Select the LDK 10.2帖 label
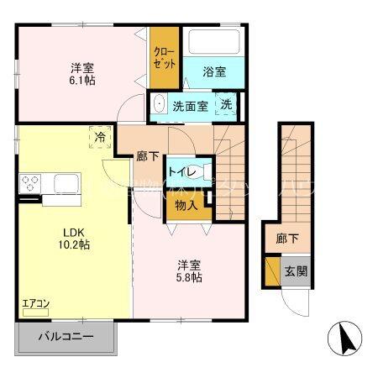pyautogui.click(x=74, y=239)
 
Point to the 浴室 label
pyautogui.click(x=213, y=72)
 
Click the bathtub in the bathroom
pyautogui.click(x=213, y=42)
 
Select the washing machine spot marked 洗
pyautogui.click(x=226, y=105)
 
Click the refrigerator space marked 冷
pyautogui.click(x=101, y=136)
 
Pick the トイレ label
pyautogui.click(x=181, y=172)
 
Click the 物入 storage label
pyautogui.click(x=186, y=205)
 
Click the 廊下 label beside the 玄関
pyautogui.click(x=286, y=239)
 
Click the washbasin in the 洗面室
pyautogui.click(x=159, y=106)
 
